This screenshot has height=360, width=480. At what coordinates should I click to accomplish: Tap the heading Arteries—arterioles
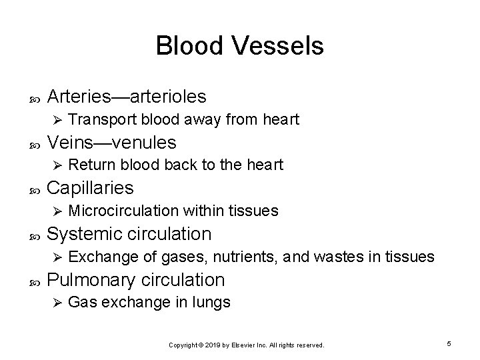coord(127,97)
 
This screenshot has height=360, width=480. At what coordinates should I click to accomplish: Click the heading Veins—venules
coord(112,143)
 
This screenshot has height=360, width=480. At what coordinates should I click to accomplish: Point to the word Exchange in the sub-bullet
coord(97,257)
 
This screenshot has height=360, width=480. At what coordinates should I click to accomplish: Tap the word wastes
coord(338,257)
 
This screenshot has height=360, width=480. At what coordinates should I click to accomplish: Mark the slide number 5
coord(450,343)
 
